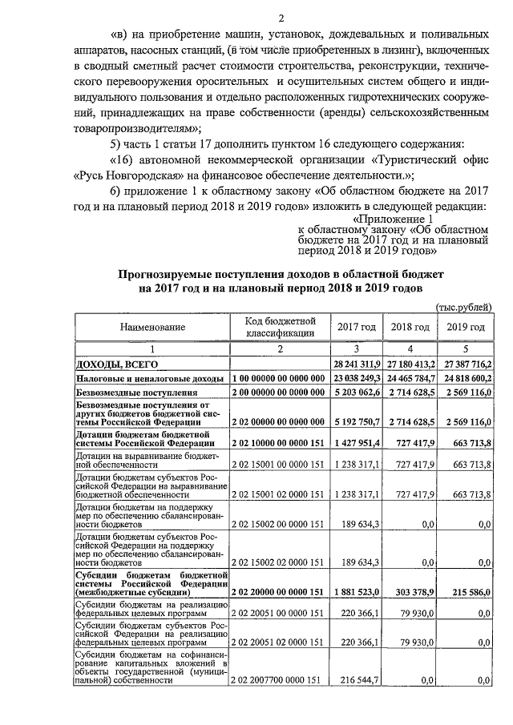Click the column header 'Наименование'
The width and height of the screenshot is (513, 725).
(x=152, y=328)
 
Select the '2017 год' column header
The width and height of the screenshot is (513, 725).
(x=357, y=328)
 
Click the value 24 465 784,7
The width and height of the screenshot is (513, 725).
(x=411, y=378)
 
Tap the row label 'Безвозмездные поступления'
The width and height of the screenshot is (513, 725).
(x=136, y=393)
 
